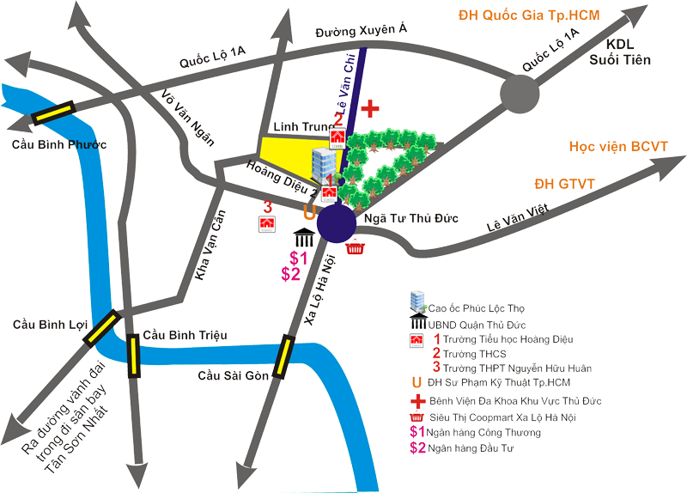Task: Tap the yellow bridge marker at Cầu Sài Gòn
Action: (283, 356)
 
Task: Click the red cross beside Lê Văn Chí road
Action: (370, 109)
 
